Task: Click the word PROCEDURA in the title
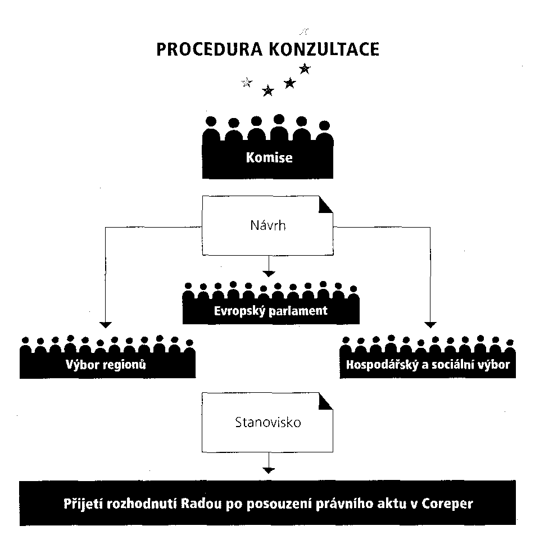[x=210, y=49]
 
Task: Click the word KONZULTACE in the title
[x=324, y=49]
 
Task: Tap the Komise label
[x=269, y=157]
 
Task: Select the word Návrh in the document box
[x=268, y=225]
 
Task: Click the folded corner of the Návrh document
[x=325, y=205]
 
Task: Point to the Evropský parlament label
[x=271, y=311]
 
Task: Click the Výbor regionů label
[x=106, y=364]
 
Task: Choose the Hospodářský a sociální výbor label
[x=428, y=364]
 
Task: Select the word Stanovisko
[x=268, y=422]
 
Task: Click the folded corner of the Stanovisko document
[x=325, y=401]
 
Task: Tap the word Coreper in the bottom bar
[x=447, y=504]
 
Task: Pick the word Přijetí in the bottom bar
[x=83, y=504]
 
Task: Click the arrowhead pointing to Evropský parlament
[x=269, y=274]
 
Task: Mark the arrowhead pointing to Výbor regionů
[x=106, y=325]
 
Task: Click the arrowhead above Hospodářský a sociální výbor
[x=430, y=325]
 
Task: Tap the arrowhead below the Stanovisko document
[x=269, y=470]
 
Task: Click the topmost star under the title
[x=305, y=69]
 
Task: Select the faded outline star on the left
[x=247, y=83]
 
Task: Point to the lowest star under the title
[x=268, y=91]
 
